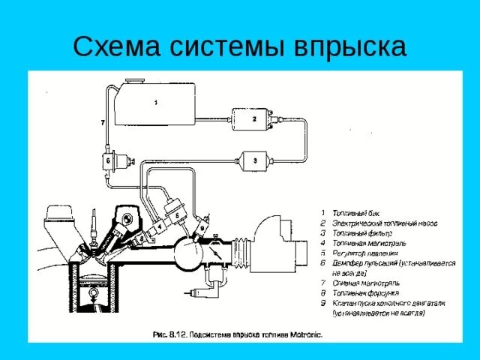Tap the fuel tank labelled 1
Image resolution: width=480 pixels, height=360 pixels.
[157, 105]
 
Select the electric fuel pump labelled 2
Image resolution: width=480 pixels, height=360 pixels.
[254, 118]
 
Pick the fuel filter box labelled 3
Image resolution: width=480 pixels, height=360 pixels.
[254, 160]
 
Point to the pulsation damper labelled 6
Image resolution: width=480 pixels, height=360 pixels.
[109, 161]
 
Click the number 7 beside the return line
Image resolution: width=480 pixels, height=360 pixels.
[102, 121]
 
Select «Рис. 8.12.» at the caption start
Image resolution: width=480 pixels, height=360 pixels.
[169, 334]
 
